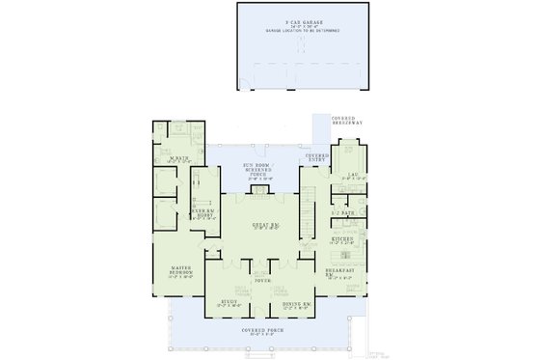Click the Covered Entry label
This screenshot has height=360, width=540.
317,156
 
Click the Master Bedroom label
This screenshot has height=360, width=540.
181,270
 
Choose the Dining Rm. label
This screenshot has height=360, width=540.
293,305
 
